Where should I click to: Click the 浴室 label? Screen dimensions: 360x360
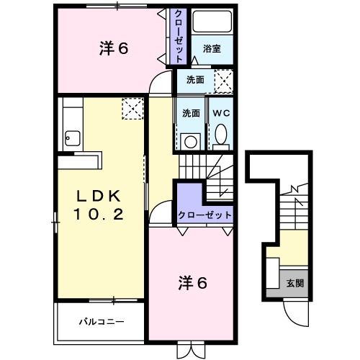pyautogui.click(x=211, y=49)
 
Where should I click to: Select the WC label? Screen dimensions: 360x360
pyautogui.click(x=220, y=113)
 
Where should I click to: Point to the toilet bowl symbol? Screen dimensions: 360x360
pyautogui.click(x=220, y=135)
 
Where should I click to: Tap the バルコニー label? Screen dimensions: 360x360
pyautogui.click(x=101, y=321)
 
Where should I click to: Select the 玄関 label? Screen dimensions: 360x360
pyautogui.click(x=294, y=283)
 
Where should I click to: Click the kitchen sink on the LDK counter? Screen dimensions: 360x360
pyautogui.click(x=72, y=135)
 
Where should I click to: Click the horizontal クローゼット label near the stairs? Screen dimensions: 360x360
pyautogui.click(x=205, y=215)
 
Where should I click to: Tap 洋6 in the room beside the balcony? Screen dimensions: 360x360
pyautogui.click(x=192, y=283)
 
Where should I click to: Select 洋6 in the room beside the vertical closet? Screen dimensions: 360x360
pyautogui.click(x=113, y=49)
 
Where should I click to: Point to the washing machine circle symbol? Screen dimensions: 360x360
pyautogui.click(x=191, y=141)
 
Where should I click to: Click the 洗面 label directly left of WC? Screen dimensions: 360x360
pyautogui.click(x=191, y=113)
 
